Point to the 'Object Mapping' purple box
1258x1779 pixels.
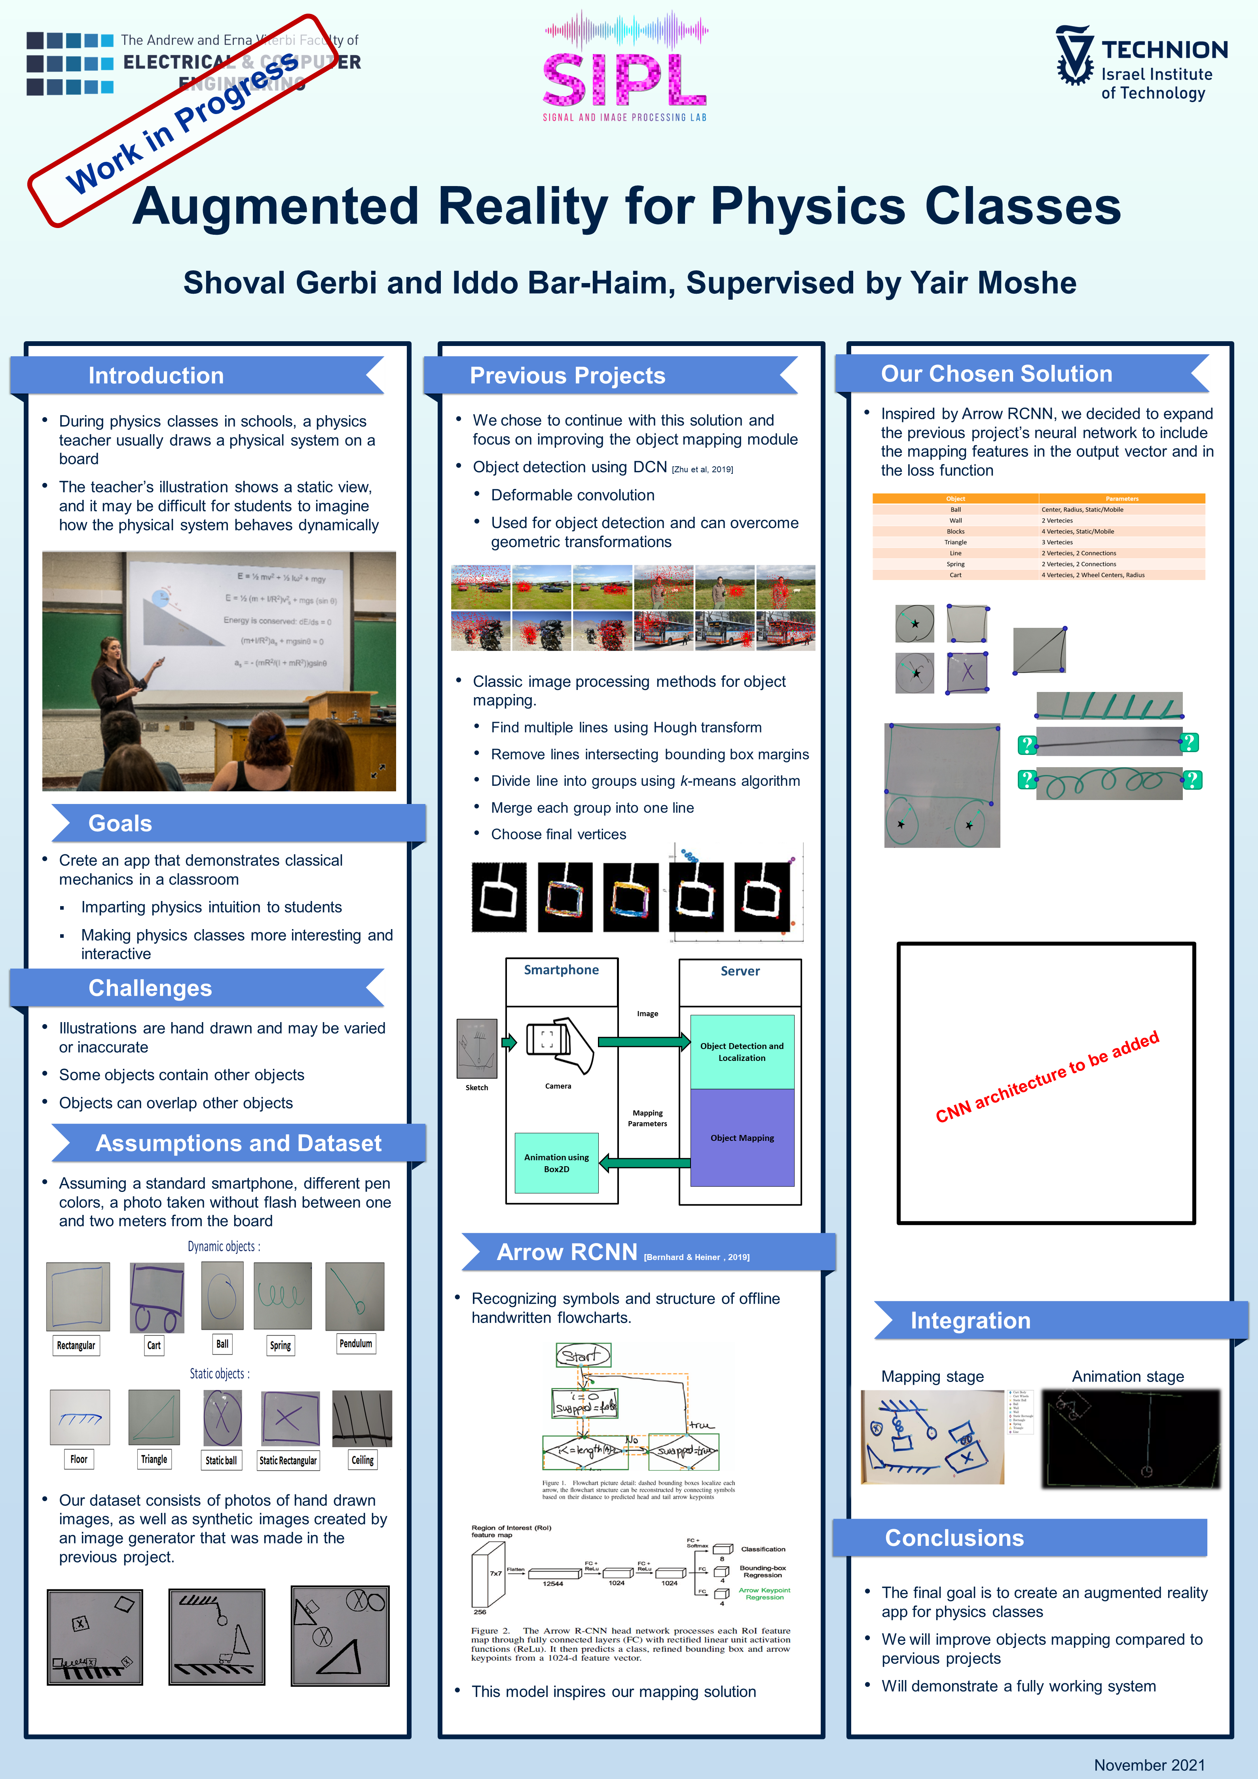[x=742, y=1137]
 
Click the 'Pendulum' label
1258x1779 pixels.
[x=355, y=1344]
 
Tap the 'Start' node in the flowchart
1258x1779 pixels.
[x=583, y=1355]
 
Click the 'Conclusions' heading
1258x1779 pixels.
[x=954, y=1538]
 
